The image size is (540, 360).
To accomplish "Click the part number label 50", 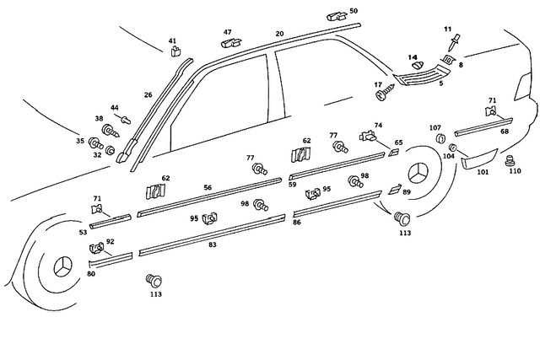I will coord(353,11).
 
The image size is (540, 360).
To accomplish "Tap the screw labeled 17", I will coord(386,93).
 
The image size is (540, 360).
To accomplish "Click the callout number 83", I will coord(212,244).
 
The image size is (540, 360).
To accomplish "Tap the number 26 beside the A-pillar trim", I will coord(148,95).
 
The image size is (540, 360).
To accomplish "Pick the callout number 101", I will coord(483,172).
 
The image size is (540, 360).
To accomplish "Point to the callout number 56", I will coord(207,187).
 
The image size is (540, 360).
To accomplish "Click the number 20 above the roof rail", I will coord(279,34).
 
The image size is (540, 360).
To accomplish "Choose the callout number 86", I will coord(296,222).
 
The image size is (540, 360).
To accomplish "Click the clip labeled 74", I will coord(369,135).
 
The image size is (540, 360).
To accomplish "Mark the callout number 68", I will coord(505,131).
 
